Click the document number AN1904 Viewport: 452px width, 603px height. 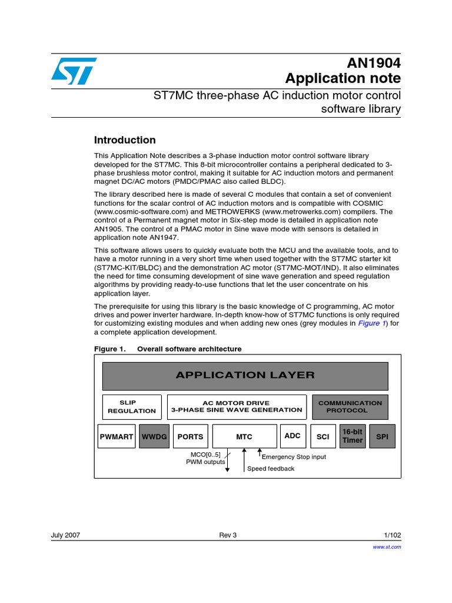[x=373, y=63]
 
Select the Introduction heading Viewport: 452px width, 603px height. [x=125, y=140]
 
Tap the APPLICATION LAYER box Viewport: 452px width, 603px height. [x=245, y=375]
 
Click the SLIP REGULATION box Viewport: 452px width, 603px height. [x=132, y=407]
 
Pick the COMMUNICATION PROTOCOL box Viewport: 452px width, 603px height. [x=350, y=407]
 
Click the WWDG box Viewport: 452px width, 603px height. [x=154, y=436]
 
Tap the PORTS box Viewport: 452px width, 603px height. [x=190, y=436]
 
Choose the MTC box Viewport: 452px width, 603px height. [x=244, y=436]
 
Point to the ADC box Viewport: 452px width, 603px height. [x=293, y=436]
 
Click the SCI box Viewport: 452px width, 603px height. [x=323, y=436]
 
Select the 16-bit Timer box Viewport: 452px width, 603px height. [x=353, y=436]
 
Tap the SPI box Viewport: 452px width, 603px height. [x=382, y=436]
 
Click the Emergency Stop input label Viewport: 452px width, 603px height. [x=294, y=456]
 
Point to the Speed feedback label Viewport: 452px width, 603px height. [x=271, y=469]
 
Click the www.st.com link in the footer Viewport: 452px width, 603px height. [x=387, y=547]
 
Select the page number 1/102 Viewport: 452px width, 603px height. [x=392, y=535]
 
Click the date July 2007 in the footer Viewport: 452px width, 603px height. [x=66, y=535]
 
